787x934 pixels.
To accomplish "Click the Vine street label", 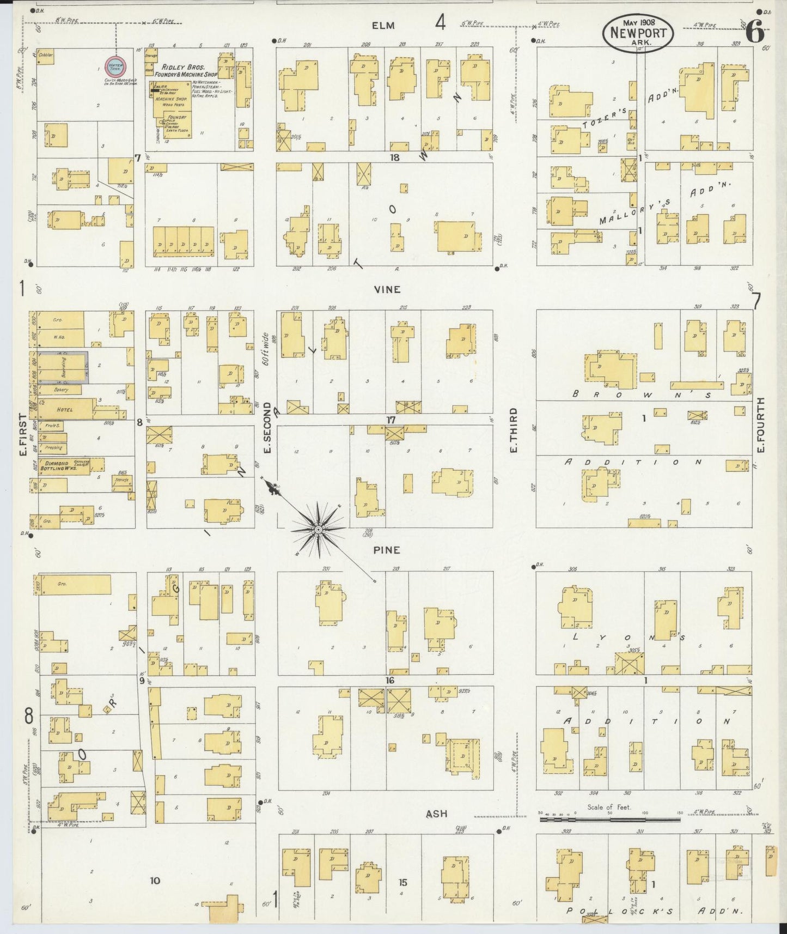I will point(387,289).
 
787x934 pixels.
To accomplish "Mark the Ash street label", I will point(436,814).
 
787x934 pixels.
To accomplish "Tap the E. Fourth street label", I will point(760,425).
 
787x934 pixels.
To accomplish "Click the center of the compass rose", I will point(318,529).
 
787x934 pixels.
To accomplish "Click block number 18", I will point(395,157).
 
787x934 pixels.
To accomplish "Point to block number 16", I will point(390,681).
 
